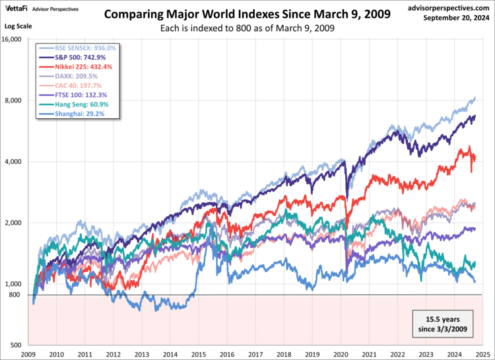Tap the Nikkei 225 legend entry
78,67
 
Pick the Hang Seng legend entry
77,104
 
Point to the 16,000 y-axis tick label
13,40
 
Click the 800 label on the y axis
16,295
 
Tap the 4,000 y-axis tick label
15,162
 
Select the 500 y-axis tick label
16,345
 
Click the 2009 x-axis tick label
28,354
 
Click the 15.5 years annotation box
441,321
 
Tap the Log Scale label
18,26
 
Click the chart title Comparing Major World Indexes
247,14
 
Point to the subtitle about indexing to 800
247,28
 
